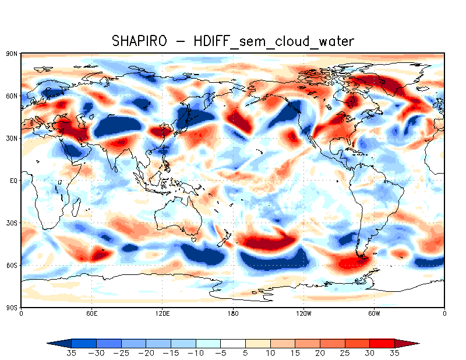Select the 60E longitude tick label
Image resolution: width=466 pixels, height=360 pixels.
91,313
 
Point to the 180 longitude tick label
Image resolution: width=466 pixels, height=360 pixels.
233,313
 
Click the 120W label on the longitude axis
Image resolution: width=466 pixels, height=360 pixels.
303,313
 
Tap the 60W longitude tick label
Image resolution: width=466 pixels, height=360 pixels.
374,313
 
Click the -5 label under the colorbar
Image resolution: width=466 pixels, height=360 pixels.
221,353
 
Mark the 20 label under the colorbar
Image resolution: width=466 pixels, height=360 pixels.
320,353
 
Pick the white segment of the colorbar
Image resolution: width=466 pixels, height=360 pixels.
233,343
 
